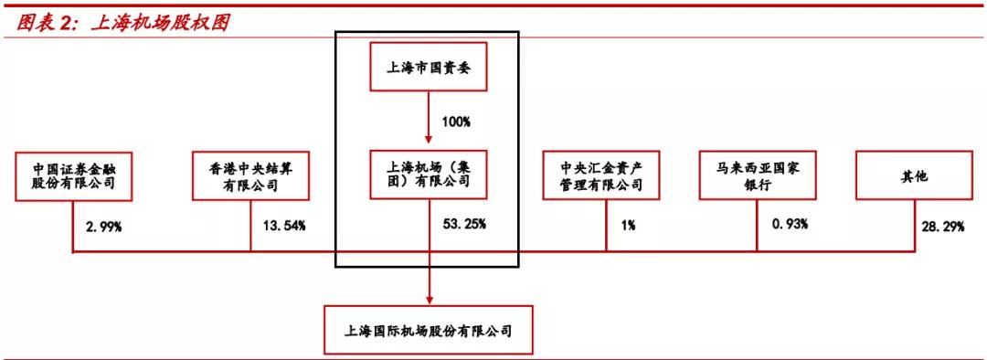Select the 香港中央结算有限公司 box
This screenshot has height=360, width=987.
(250, 175)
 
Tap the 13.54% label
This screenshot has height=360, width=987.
(283, 225)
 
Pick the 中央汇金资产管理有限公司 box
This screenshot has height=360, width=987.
(607, 175)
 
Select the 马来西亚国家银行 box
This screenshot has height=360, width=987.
(757, 175)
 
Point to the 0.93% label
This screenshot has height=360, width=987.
(789, 225)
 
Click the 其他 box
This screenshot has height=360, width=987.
(914, 175)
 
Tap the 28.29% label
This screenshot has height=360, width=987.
(943, 225)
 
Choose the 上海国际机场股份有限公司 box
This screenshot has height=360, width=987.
(429, 330)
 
